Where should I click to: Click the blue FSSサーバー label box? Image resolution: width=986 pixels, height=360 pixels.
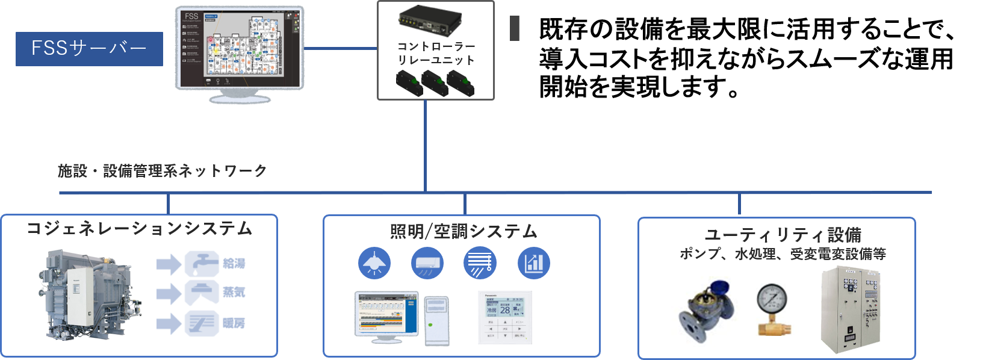coord(89,49)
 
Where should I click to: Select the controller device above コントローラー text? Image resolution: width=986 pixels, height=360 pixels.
coord(429,22)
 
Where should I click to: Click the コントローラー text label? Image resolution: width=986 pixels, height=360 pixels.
coord(436,46)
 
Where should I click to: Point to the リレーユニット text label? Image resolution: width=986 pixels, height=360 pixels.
coord(436,60)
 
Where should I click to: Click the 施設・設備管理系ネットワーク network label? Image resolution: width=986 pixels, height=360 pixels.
coord(163,171)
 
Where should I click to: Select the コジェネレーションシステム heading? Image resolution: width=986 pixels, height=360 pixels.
coord(139,229)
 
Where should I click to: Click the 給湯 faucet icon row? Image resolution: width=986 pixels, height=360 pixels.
coord(204,263)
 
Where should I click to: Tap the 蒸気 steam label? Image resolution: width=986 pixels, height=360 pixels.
coord(234,293)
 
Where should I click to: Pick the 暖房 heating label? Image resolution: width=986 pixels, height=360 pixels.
coord(234,323)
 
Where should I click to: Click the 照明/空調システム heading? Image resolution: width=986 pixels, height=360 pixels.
coord(463,231)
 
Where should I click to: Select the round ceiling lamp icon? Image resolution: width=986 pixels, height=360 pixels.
coord(374,263)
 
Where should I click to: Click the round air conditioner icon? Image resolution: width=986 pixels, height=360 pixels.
coord(427,263)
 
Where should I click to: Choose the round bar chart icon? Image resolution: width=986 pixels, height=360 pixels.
coord(533,263)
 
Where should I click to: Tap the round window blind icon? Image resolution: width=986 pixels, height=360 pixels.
coord(480,263)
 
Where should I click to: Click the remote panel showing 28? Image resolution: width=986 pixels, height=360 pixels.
coord(505,317)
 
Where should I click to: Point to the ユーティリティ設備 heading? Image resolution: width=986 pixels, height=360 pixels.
coord(783,235)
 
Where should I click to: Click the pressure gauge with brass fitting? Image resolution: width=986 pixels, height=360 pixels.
coord(774,309)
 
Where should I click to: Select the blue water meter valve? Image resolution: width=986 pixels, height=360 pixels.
coord(707,311)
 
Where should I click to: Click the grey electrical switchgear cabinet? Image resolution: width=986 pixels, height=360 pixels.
coord(850,309)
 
